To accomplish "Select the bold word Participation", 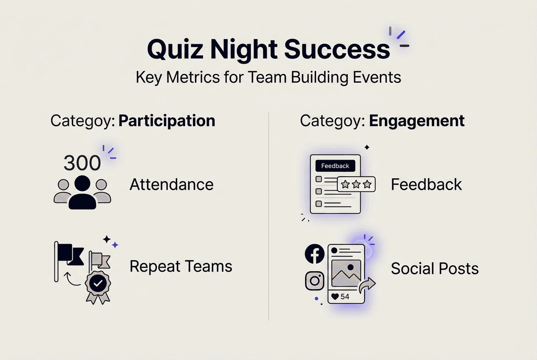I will [x=167, y=121].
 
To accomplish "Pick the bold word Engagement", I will [x=417, y=121].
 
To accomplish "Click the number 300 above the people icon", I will [x=82, y=163].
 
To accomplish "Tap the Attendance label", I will [x=171, y=185].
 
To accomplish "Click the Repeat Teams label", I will [x=181, y=267].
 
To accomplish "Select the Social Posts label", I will [x=435, y=269].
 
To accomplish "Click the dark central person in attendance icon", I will [x=82, y=193].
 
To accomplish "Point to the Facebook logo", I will [x=315, y=254].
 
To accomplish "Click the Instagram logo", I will [x=315, y=281].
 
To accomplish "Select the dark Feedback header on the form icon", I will [x=335, y=166].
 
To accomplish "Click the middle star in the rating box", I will [x=356, y=184].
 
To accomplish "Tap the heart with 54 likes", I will [x=335, y=297].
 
